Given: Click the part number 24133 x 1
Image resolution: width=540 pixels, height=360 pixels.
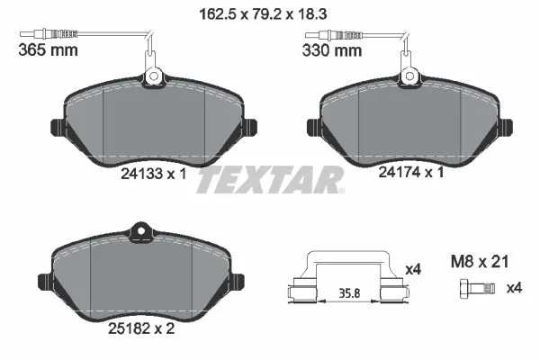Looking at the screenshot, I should (x=153, y=175).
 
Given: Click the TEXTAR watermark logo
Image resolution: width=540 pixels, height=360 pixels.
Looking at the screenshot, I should (x=270, y=180).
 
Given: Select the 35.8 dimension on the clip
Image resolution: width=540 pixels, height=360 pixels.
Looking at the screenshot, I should (x=346, y=292).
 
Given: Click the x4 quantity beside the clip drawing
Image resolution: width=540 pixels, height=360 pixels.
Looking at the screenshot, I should (x=414, y=268).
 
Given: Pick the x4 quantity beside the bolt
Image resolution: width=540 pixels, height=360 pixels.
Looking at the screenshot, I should (x=514, y=288).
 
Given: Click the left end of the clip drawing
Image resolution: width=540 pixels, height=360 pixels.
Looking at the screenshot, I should (x=298, y=291).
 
